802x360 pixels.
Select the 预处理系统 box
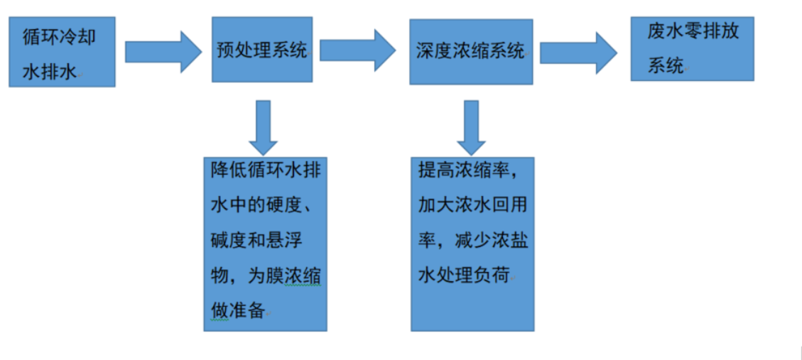262,50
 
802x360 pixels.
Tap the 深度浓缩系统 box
471,51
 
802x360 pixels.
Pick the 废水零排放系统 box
692,49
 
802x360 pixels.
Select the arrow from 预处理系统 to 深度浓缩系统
357,50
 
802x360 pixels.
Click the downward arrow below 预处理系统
263,127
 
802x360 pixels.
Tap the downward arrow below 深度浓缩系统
471,127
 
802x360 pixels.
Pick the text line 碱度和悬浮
256,240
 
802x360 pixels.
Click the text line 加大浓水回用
472,205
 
